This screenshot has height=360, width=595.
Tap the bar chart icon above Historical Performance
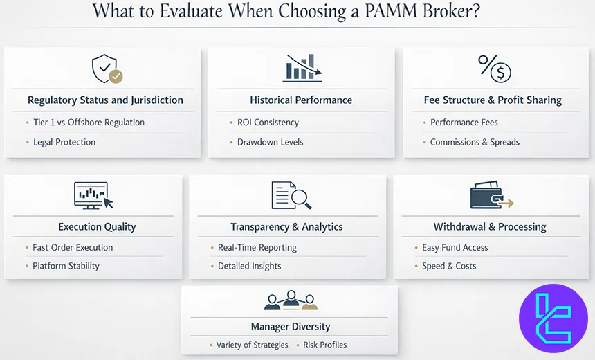click(x=301, y=68)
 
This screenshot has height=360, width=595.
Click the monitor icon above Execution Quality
click(x=93, y=195)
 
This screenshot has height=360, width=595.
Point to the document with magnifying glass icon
click(x=291, y=195)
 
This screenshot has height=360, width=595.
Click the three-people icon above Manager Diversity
click(x=291, y=300)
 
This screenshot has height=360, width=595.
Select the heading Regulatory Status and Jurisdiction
click(x=105, y=100)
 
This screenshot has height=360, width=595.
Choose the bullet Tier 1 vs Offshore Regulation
click(x=89, y=123)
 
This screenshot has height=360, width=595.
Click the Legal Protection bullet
click(x=64, y=142)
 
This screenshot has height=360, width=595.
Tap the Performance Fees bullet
click(x=464, y=123)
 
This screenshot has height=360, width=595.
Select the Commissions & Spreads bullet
click(x=475, y=142)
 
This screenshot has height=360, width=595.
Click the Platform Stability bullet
click(x=66, y=266)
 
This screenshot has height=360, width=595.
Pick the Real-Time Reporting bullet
click(x=257, y=247)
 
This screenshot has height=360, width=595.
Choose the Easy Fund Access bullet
click(x=455, y=247)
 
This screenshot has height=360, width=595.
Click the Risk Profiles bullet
click(x=324, y=345)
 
